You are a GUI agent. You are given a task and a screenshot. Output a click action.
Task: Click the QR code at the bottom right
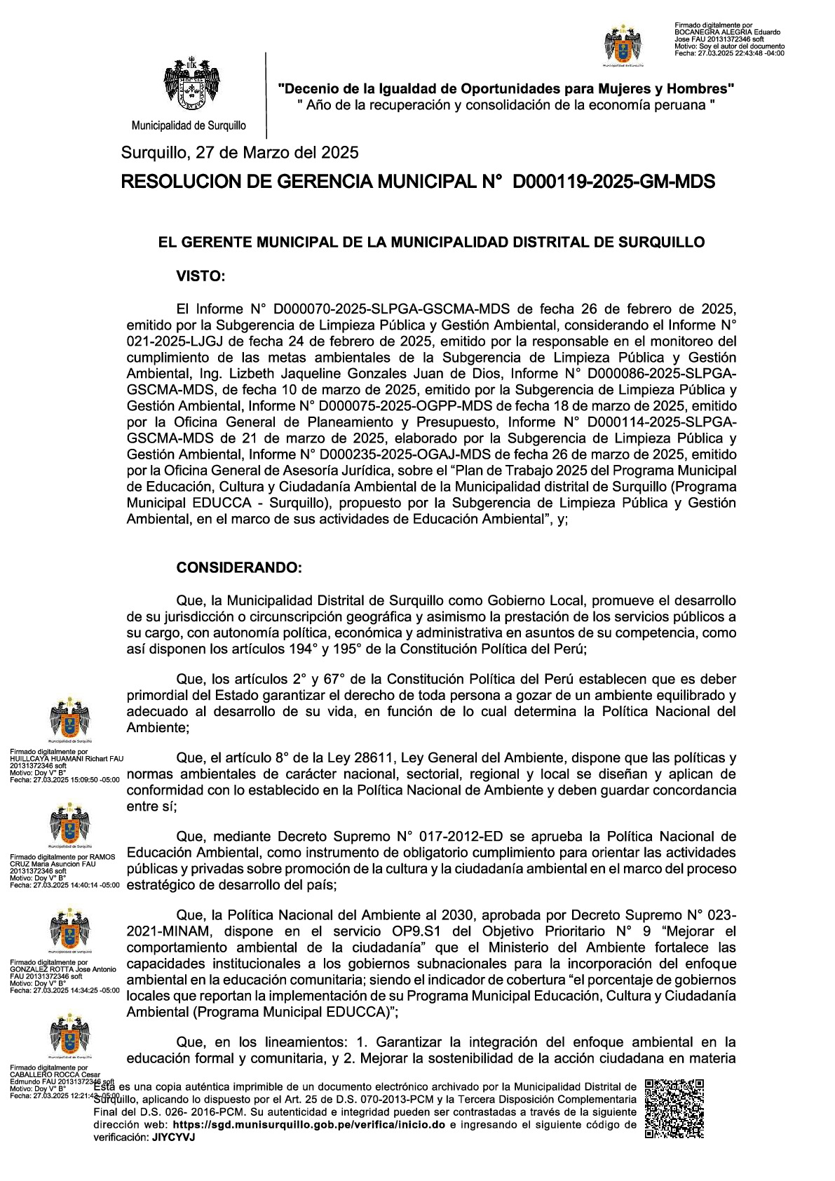coord(674,1108)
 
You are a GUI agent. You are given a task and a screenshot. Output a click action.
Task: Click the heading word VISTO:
coord(201,276)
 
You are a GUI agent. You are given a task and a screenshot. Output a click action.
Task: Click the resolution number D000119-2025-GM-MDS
coord(614,182)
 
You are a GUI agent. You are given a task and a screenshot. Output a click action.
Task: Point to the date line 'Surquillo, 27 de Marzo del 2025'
coord(240,152)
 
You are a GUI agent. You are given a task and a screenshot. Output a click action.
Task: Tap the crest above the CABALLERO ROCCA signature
coord(70,1034)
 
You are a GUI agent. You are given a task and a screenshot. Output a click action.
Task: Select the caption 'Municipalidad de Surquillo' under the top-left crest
coord(189,126)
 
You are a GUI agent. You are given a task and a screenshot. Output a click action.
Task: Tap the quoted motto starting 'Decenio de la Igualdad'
coord(505,90)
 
